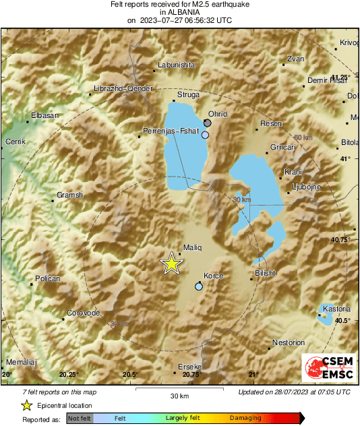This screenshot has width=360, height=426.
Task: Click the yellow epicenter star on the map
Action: (171, 264)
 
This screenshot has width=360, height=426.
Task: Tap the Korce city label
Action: (213, 276)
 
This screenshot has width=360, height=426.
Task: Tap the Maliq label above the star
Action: (193, 248)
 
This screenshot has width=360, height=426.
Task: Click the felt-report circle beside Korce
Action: (198, 286)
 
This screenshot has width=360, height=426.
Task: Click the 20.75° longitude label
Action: (192, 375)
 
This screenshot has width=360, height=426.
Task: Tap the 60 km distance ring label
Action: (303, 138)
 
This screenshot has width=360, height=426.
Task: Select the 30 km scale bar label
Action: (179, 395)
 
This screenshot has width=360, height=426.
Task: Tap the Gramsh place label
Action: (69, 195)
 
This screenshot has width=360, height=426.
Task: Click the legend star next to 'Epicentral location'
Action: (27, 405)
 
